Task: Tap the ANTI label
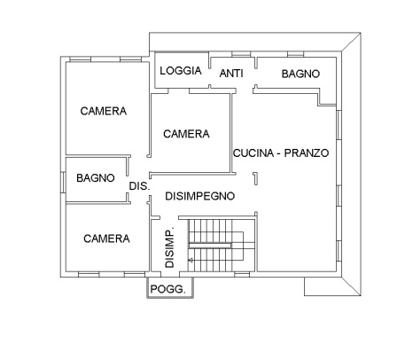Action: pos(231,74)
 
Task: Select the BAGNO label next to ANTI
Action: pos(300,74)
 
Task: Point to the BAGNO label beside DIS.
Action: pos(95,177)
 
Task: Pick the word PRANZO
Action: pos(308,153)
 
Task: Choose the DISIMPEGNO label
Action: pos(199,195)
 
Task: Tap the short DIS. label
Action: pos(139,186)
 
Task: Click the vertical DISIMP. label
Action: pos(169,246)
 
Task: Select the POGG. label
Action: pos(167,289)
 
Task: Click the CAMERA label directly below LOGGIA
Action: pos(186,134)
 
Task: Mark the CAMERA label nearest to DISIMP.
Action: pos(106,239)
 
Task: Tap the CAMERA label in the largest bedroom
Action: pos(103,111)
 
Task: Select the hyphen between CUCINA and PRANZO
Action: pos(281,153)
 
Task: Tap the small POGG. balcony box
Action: pos(167,290)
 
